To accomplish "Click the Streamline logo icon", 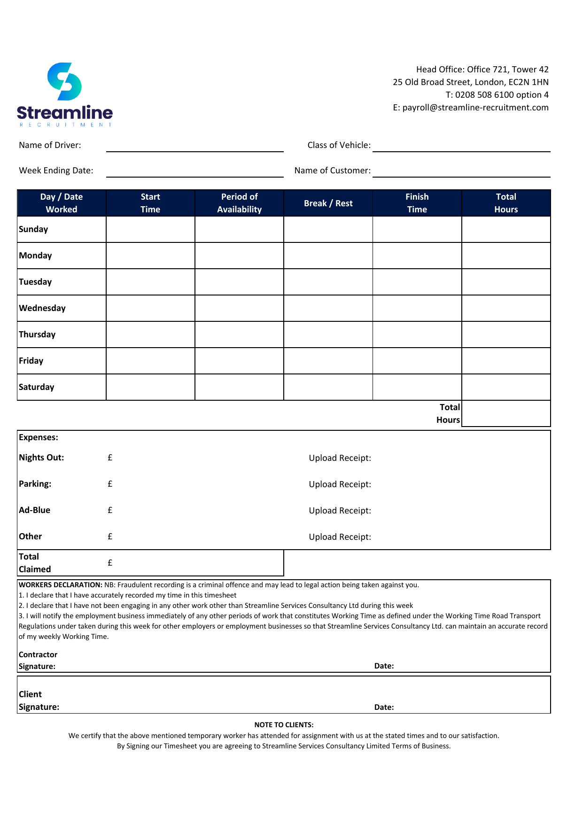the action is (65, 82).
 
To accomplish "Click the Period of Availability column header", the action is (239, 203).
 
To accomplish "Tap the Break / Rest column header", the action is (328, 203).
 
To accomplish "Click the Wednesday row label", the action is (42, 308).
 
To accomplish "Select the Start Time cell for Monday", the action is (150, 256).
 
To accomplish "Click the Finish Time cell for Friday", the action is (417, 361).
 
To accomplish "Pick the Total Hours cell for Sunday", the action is (506, 229).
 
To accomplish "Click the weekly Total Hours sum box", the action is (506, 413).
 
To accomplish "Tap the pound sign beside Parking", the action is (110, 484).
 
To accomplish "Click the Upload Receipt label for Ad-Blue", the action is (340, 511).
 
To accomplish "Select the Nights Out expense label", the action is (41, 458).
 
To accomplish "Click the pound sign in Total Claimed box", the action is (110, 563).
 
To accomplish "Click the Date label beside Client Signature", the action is (384, 707).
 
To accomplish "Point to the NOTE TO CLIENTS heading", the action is (284, 725).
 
